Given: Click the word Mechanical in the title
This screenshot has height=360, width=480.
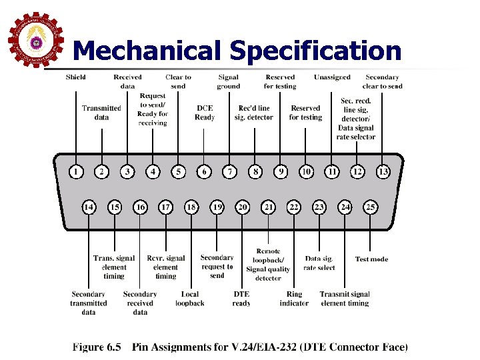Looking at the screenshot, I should (x=147, y=51).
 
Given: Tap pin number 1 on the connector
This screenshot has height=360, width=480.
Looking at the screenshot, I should (x=76, y=172).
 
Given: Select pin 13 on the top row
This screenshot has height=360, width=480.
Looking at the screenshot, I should (x=383, y=172).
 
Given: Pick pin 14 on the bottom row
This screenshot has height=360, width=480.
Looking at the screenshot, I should (x=89, y=207).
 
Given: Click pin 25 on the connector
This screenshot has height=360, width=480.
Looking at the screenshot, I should (x=371, y=207).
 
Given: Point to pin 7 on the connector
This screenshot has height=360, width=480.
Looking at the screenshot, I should (x=230, y=172).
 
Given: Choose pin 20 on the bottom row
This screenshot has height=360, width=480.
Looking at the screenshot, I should (x=243, y=207).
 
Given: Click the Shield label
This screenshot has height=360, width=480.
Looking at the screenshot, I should (x=75, y=77).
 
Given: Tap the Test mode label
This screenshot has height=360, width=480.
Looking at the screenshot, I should (x=371, y=259).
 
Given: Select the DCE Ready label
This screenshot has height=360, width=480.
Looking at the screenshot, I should (x=205, y=113).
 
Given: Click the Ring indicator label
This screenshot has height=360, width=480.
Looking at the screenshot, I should (x=294, y=298).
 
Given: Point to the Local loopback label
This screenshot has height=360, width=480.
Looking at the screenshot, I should (x=190, y=298).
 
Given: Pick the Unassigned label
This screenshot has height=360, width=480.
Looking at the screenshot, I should (x=332, y=77).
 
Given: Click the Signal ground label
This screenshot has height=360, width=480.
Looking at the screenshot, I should (x=229, y=81).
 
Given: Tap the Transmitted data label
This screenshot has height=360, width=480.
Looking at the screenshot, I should (x=101, y=113).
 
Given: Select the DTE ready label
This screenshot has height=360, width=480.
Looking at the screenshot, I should (x=241, y=298).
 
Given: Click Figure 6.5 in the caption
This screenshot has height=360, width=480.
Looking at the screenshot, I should (x=97, y=347).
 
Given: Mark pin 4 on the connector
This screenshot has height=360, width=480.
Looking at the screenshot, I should (x=153, y=172).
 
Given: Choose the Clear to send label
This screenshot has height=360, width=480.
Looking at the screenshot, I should (x=178, y=81).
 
